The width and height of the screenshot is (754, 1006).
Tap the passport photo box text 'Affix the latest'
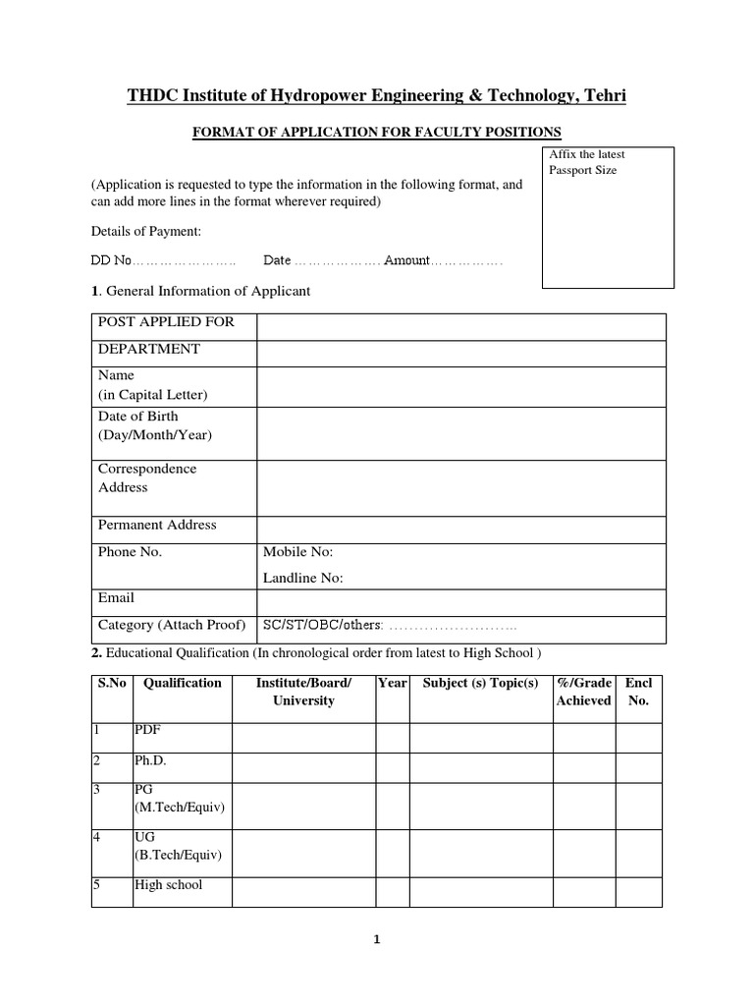[x=586, y=154]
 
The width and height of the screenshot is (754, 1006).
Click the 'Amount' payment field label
[x=406, y=260]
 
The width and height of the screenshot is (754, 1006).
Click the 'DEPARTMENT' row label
[x=148, y=349]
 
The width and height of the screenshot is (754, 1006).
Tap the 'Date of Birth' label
[x=137, y=417]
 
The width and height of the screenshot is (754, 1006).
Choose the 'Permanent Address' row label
[x=157, y=525]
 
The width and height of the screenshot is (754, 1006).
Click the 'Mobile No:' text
[x=298, y=552]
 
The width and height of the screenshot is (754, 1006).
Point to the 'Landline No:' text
[x=303, y=578]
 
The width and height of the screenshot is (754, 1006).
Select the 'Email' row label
[x=116, y=597]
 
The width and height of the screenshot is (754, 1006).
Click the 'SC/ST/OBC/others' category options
[x=323, y=625]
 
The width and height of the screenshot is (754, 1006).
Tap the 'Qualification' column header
[x=182, y=683]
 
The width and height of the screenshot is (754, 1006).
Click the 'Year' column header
[x=392, y=683]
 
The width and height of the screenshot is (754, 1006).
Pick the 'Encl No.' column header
[x=638, y=692]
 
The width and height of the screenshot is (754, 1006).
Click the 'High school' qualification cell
[x=168, y=884]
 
